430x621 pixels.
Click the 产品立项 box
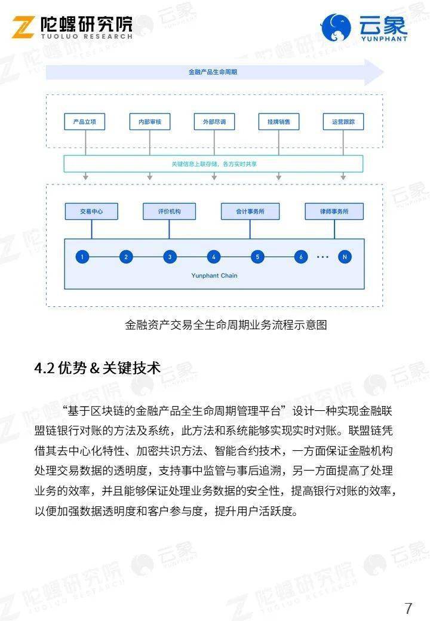tap(85, 122)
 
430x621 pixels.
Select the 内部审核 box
tap(150, 122)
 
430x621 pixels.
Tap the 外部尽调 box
tap(214, 122)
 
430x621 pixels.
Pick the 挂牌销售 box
tap(279, 122)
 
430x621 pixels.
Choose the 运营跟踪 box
tap(343, 122)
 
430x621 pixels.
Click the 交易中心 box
tap(91, 211)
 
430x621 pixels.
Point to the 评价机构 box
tap(169, 211)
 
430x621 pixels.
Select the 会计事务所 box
tap(250, 211)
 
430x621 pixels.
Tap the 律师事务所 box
tap(334, 211)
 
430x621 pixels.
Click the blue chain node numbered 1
tap(82, 257)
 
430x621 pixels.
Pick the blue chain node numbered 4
tap(214, 257)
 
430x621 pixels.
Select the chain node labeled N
tap(345, 257)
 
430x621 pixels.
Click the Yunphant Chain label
tap(214, 276)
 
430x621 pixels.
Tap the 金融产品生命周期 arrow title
tap(213, 72)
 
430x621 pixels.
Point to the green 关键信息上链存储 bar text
tap(214, 164)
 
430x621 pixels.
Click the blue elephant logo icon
tap(336, 27)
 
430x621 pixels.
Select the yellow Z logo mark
tap(23, 27)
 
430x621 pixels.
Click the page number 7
tap(408, 608)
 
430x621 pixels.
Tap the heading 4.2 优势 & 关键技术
tap(97, 368)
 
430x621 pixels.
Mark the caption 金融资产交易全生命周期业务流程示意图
tap(226, 325)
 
